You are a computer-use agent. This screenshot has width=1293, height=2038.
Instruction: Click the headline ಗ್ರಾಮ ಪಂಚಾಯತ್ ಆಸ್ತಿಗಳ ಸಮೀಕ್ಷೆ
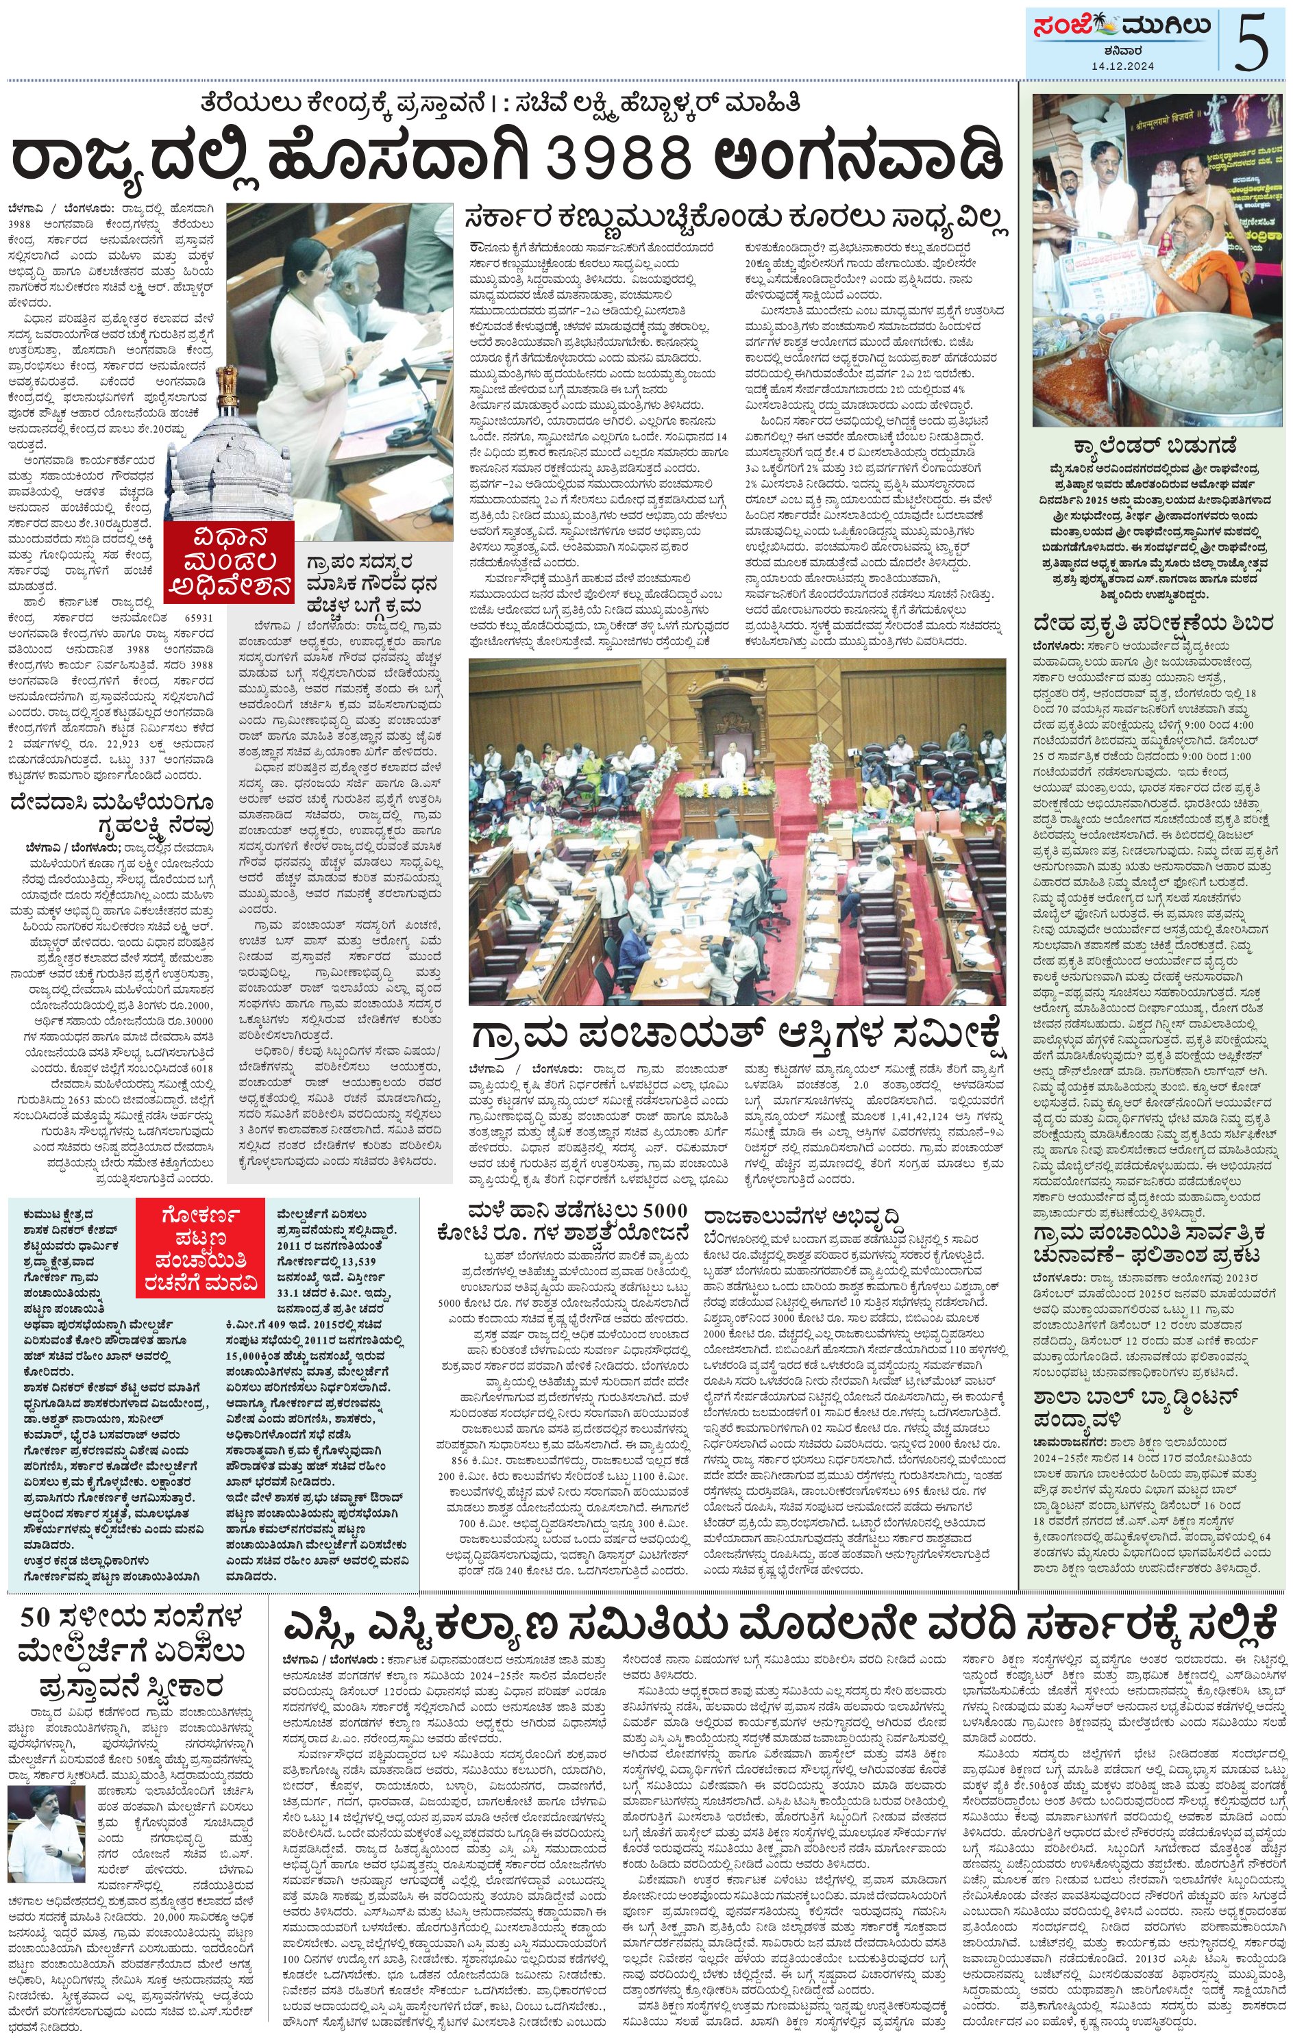(739, 1033)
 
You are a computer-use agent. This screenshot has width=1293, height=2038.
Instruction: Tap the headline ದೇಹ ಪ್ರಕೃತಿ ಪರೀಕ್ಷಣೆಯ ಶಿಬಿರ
(1153, 624)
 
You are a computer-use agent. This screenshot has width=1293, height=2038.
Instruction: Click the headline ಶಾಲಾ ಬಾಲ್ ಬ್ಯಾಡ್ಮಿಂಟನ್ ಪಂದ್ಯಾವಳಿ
(1135, 1406)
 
